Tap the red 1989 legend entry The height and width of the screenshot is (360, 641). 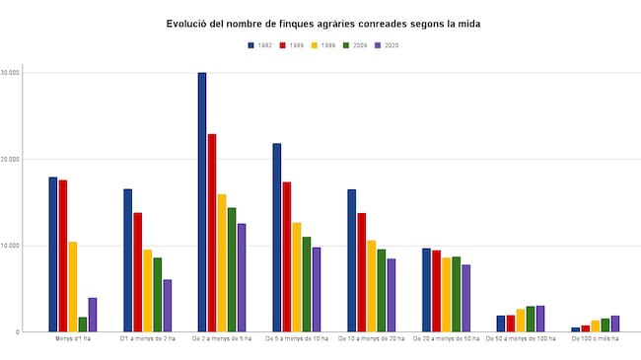point(292,45)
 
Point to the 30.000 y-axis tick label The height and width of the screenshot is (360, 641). point(11,73)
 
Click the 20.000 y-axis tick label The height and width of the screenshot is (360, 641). point(11,159)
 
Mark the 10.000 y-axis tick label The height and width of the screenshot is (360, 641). point(11,246)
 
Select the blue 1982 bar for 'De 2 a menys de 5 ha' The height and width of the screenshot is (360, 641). point(202,202)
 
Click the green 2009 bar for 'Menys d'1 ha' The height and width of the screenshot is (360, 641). point(83,324)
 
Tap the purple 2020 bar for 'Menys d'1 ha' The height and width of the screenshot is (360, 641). point(93,315)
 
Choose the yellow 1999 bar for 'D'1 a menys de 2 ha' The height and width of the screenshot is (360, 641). point(148,291)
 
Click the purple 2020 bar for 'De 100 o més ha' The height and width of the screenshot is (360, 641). point(615,324)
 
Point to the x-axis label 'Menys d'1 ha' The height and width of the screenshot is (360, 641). point(73,339)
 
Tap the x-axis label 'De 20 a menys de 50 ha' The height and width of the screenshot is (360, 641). point(446,339)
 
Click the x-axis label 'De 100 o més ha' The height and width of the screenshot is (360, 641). point(595,339)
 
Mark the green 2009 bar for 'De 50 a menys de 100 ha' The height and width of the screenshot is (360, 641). point(531,320)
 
